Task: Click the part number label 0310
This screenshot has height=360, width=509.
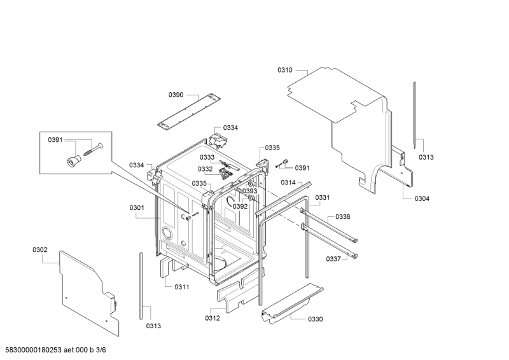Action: pos(284,70)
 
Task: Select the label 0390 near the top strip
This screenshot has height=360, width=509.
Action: pos(176,95)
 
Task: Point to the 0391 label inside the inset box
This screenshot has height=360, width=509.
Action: pos(55,140)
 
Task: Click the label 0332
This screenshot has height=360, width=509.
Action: pos(205,169)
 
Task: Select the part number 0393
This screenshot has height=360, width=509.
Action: pos(249,191)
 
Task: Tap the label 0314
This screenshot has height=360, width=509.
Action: pos(288,183)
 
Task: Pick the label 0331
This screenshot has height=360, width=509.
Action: pos(323,198)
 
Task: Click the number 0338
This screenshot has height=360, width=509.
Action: pos(342,217)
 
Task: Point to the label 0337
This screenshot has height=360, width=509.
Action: pos(333,259)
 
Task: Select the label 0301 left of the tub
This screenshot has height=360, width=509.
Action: pos(137,207)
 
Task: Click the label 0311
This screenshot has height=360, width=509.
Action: pos(182,287)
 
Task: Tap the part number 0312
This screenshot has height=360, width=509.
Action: pos(213,318)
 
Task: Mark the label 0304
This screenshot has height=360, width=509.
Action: pos(422,198)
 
